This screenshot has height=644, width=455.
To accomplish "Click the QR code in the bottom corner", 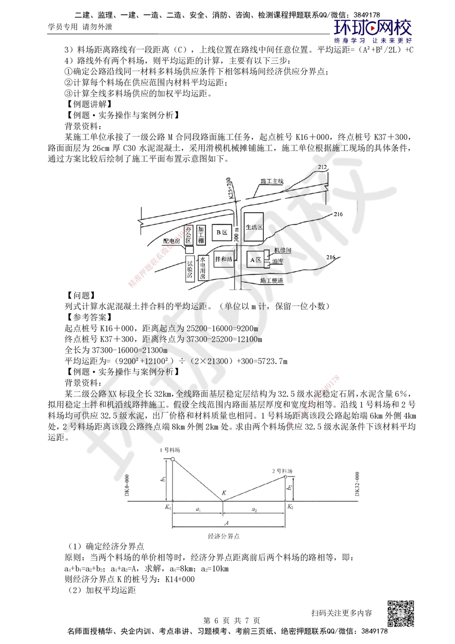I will (399, 613).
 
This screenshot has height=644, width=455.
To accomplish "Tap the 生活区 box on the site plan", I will (254, 227).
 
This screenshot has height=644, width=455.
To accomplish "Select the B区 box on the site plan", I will (222, 232).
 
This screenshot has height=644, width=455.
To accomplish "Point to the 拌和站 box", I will (223, 259).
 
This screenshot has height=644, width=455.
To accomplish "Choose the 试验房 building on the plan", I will (190, 269).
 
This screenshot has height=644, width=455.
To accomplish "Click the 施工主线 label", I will (272, 181).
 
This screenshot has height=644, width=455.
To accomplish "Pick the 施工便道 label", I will (272, 281).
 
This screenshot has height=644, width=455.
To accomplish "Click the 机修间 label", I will (283, 251).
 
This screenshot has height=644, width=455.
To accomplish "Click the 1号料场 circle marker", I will (172, 459).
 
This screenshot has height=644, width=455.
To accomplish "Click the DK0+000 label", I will (127, 486).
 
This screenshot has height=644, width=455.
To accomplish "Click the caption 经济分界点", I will (223, 536).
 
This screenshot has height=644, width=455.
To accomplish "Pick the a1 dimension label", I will (197, 511).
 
